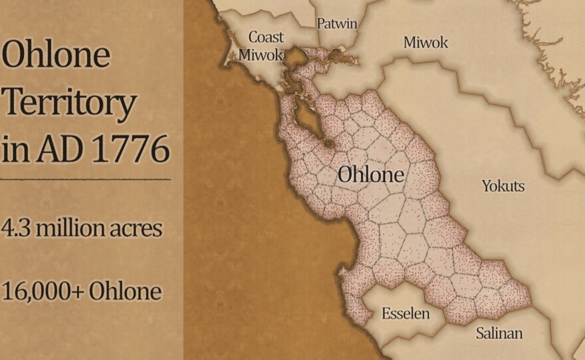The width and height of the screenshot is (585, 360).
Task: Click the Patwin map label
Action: [x=336, y=24]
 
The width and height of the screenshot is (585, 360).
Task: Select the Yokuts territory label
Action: [x=503, y=186]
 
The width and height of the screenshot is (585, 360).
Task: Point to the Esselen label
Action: [x=406, y=314]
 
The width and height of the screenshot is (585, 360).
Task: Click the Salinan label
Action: [x=499, y=333]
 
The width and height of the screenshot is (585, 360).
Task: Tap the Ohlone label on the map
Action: [x=370, y=175]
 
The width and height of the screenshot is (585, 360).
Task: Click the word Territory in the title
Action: [x=68, y=104]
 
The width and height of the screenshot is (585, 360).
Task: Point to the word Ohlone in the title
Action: [x=55, y=55]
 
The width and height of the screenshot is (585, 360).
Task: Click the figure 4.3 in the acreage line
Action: [x=16, y=228]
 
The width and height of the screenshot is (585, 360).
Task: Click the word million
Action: [x=69, y=228]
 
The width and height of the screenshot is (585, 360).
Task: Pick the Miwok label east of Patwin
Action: [x=425, y=43]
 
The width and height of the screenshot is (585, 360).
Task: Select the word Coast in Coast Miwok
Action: [x=266, y=37]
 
